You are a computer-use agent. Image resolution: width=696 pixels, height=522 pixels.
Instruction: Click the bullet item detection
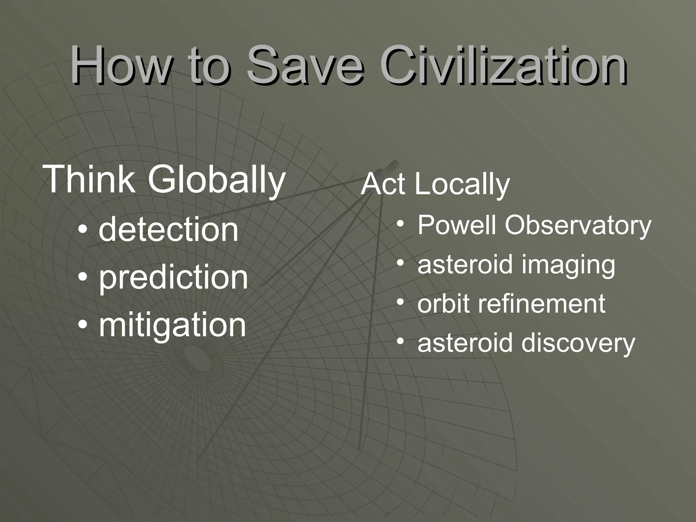tap(169, 230)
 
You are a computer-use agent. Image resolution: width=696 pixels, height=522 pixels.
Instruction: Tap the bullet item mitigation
tap(172, 326)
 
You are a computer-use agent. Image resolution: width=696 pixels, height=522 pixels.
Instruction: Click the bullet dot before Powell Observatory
tap(401, 224)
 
